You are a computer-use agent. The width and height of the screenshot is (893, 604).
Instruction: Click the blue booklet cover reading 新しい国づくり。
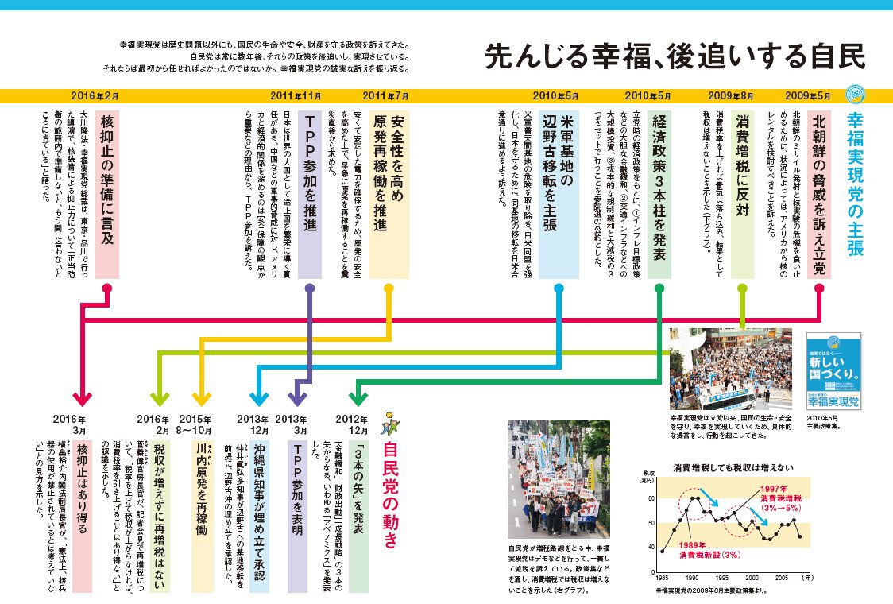833,371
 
